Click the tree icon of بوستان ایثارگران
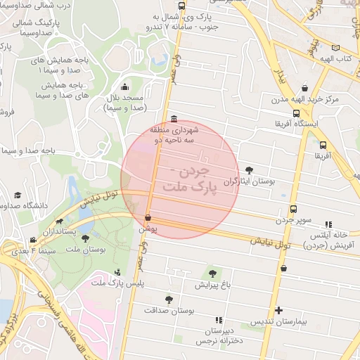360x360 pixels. [x=250, y=170]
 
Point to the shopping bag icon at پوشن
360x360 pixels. [x=148, y=219]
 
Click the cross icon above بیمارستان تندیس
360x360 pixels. [x=279, y=310]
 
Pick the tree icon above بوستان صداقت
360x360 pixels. [x=168, y=298]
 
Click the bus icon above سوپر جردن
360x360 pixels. [x=293, y=209]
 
